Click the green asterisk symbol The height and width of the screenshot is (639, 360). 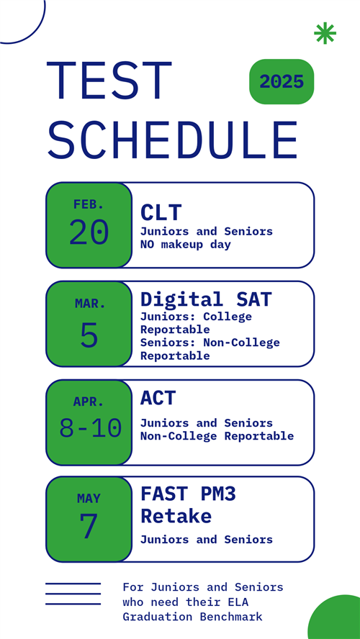pyautogui.click(x=325, y=33)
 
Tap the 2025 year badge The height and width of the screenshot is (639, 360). pyautogui.click(x=282, y=81)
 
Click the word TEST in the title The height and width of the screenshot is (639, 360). pyautogui.click(x=109, y=81)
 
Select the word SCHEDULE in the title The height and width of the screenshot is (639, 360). pyautogui.click(x=172, y=140)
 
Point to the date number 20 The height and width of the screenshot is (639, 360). pyautogui.click(x=89, y=232)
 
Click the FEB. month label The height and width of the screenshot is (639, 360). pyautogui.click(x=89, y=204)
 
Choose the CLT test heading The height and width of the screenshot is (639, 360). pyautogui.click(x=161, y=212)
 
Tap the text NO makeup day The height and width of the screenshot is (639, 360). pyautogui.click(x=186, y=245)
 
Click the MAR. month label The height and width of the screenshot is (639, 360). pyautogui.click(x=90, y=303)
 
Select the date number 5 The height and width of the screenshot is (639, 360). pyautogui.click(x=89, y=335)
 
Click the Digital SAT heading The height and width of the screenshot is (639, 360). pyautogui.click(x=206, y=299)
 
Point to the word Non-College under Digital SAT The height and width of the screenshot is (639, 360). pyautogui.click(x=241, y=343)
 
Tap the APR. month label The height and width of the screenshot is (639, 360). pyautogui.click(x=89, y=402)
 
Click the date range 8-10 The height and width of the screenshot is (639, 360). pyautogui.click(x=91, y=428)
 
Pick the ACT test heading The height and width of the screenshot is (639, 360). pyautogui.click(x=158, y=398)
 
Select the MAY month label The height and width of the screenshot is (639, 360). pyautogui.click(x=89, y=498)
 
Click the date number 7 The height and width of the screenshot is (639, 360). pyautogui.click(x=89, y=526)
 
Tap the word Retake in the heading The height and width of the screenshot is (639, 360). pyautogui.click(x=176, y=515)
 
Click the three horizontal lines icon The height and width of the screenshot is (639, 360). pyautogui.click(x=73, y=594)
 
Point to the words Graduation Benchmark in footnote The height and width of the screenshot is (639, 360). pyautogui.click(x=192, y=617)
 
